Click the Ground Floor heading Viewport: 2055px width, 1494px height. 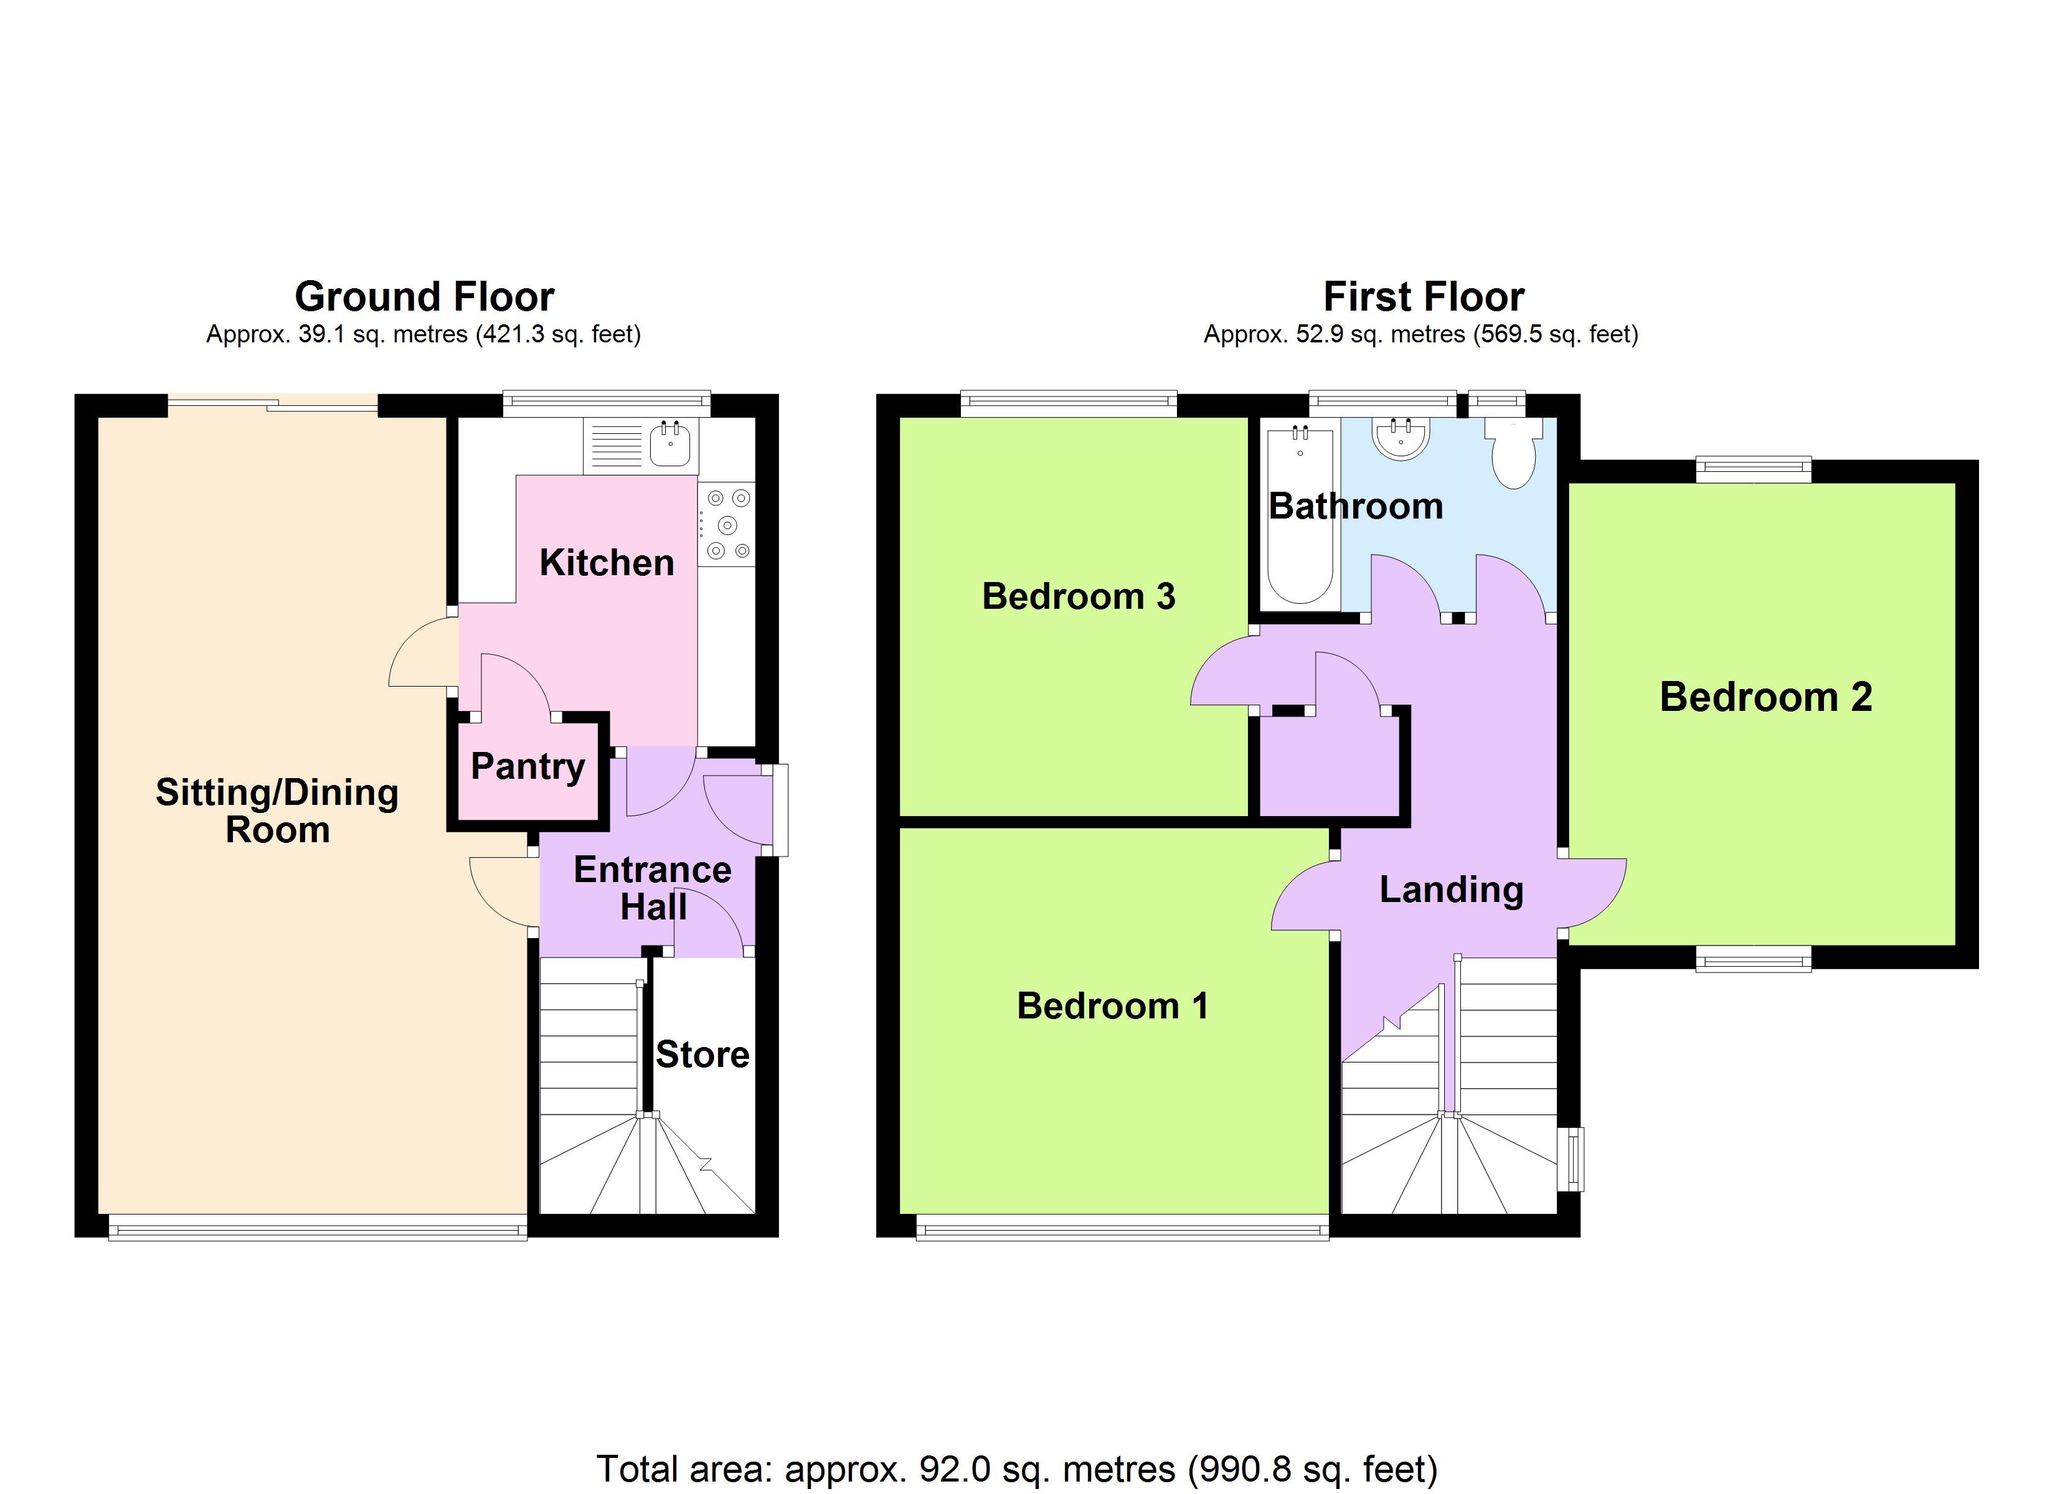pyautogui.click(x=424, y=297)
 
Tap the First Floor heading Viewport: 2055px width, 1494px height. pyautogui.click(x=1424, y=297)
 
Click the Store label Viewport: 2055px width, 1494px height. pyautogui.click(x=702, y=1055)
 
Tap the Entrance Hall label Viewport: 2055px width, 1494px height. pyautogui.click(x=653, y=888)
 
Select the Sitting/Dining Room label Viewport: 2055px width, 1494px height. pyautogui.click(x=277, y=811)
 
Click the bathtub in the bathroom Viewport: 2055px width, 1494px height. pyautogui.click(x=1300, y=515)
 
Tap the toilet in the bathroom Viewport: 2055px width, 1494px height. pyautogui.click(x=1513, y=453)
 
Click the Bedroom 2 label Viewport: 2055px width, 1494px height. pyautogui.click(x=1766, y=697)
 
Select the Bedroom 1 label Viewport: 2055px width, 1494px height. pyautogui.click(x=1113, y=1006)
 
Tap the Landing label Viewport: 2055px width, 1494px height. pyautogui.click(x=1452, y=890)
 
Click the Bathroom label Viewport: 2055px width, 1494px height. pyautogui.click(x=1356, y=505)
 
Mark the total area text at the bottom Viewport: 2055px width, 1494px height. pyautogui.click(x=1017, y=1468)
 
